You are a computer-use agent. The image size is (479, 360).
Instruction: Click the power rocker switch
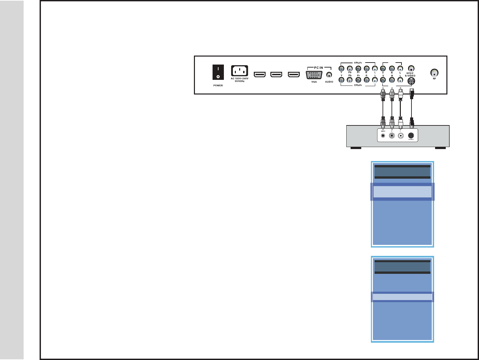pyautogui.click(x=218, y=72)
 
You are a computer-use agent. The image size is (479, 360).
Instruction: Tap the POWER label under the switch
pyautogui.click(x=218, y=86)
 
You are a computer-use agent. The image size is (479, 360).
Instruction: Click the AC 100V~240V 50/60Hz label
pyautogui.click(x=239, y=80)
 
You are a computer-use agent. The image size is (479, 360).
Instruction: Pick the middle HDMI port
pyautogui.click(x=276, y=74)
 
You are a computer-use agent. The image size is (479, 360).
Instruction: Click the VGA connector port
pyautogui.click(x=314, y=75)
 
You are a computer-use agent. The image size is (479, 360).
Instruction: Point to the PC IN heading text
pyautogui.click(x=318, y=68)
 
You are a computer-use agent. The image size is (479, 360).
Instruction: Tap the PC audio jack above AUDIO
pyautogui.click(x=329, y=75)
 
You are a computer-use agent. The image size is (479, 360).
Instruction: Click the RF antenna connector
pyautogui.click(x=434, y=73)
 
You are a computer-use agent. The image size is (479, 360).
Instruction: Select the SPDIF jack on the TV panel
pyautogui.click(x=411, y=68)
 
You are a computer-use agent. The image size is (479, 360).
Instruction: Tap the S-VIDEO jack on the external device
pyautogui.click(x=411, y=135)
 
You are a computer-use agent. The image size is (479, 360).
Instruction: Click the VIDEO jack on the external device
pyautogui.click(x=383, y=135)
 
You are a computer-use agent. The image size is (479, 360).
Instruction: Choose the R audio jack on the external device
pyautogui.click(x=392, y=135)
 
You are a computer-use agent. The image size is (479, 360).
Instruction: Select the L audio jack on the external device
pyautogui.click(x=400, y=135)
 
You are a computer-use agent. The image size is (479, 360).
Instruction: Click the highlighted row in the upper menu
pyautogui.click(x=402, y=192)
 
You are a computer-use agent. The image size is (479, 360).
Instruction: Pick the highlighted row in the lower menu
pyautogui.click(x=402, y=297)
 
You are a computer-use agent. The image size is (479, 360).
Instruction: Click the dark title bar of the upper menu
pyautogui.click(x=402, y=172)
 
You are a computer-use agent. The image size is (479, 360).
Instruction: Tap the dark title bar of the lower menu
pyautogui.click(x=402, y=267)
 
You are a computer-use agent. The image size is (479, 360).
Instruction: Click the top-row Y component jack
pyautogui.click(x=341, y=69)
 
